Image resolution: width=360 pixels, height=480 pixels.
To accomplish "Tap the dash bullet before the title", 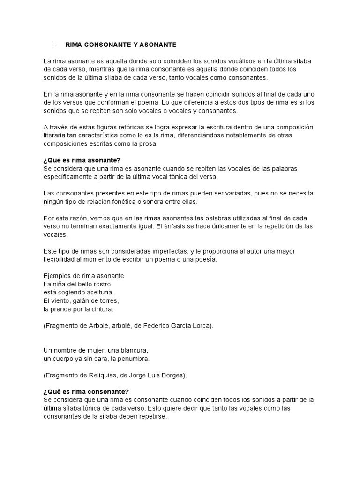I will point(55,45).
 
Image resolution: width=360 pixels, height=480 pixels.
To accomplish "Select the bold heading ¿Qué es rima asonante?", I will point(82,160).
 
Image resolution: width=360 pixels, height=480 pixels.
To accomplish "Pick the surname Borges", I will point(173,375).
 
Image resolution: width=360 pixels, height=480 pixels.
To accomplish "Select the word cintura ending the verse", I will point(100,309).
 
